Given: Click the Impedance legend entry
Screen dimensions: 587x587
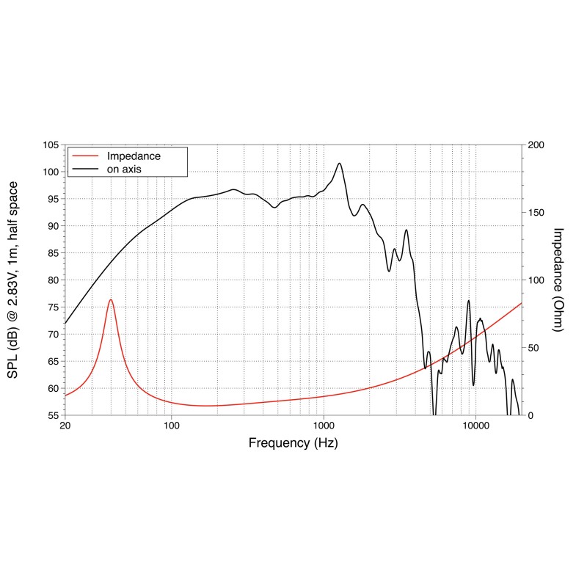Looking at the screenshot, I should [x=134, y=156].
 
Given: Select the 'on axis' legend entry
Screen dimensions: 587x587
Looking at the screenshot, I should [x=124, y=169].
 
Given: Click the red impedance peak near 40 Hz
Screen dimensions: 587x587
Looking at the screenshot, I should [x=111, y=299].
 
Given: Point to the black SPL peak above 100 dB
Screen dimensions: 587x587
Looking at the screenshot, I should [x=339, y=163].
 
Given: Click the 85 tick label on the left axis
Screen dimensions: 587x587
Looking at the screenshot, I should [x=53, y=253].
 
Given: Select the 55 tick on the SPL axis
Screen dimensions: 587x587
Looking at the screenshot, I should [x=53, y=415].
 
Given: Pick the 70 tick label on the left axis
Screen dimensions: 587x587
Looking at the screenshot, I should [x=53, y=334].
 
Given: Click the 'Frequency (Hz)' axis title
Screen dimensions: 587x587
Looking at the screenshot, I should [x=293, y=443].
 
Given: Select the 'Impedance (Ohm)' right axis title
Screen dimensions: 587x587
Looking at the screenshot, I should [x=558, y=280].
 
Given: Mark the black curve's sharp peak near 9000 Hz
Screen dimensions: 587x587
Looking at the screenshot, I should [x=468, y=300].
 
